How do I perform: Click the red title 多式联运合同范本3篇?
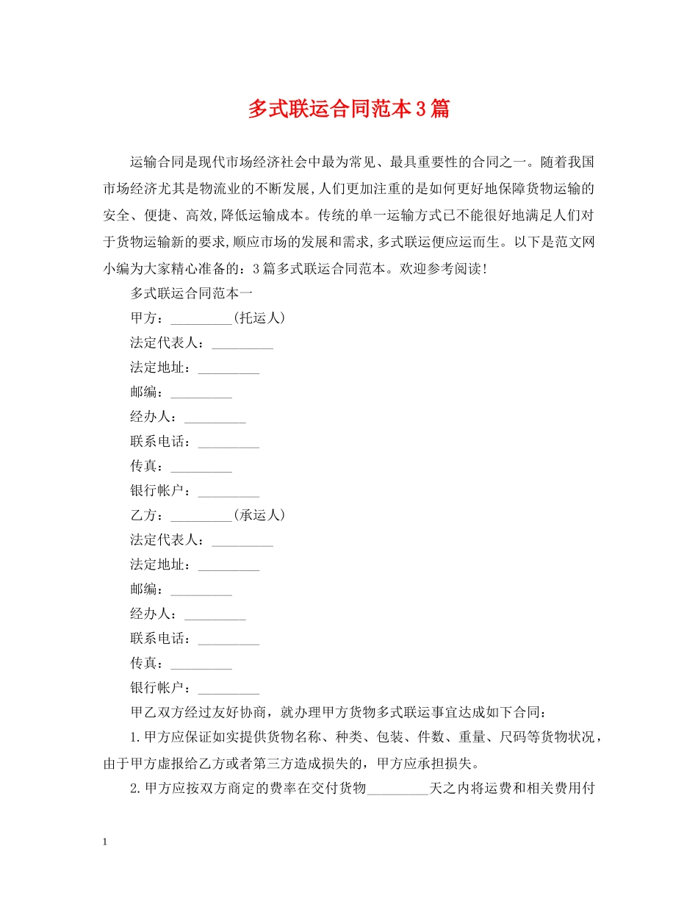(x=348, y=110)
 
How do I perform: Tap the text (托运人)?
(x=259, y=318)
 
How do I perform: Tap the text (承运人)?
(x=259, y=515)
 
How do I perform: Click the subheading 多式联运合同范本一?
(x=192, y=293)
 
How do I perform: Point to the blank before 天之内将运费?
(x=397, y=790)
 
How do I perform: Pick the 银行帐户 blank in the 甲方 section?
(x=229, y=492)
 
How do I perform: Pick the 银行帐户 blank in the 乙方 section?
(x=229, y=689)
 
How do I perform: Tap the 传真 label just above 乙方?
(x=147, y=466)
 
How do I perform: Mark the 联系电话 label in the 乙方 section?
(x=160, y=639)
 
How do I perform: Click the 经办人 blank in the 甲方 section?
(x=215, y=418)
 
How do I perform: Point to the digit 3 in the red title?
(x=420, y=110)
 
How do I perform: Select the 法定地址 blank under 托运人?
(x=229, y=369)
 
